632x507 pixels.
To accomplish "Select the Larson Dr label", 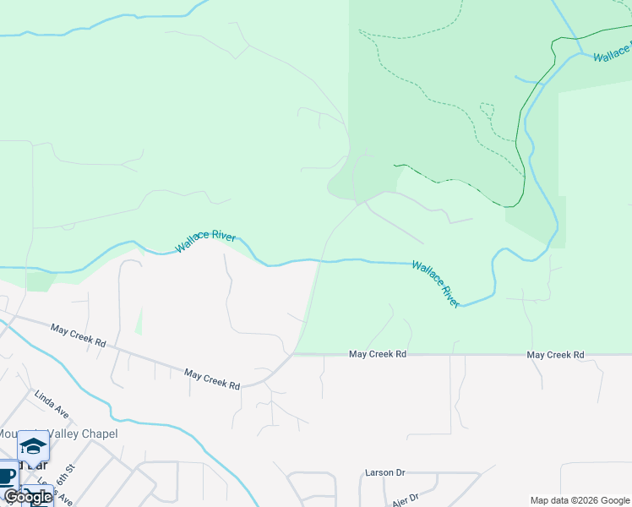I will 384,473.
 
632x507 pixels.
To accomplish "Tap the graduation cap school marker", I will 33,445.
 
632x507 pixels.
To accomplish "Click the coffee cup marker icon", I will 7,476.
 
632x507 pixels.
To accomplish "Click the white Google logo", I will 28,497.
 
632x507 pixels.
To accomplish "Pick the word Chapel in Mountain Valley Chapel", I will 95,433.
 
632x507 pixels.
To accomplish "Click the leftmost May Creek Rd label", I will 78,335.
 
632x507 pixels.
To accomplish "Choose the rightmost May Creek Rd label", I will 556,355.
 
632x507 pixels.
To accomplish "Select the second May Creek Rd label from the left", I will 212,379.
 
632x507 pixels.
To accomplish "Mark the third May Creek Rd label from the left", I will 378,355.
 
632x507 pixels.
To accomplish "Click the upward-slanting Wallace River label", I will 205,242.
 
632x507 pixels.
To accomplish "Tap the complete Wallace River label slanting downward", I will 436,283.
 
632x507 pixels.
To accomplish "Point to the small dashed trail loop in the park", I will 486,109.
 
